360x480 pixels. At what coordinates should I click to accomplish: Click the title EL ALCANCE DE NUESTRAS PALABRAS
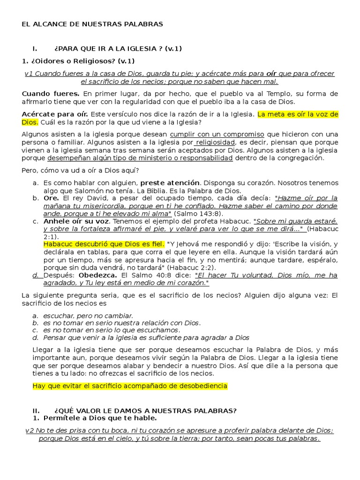click(92, 24)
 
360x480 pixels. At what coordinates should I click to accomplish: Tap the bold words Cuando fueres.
click(51, 94)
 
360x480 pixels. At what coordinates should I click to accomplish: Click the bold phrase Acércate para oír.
click(55, 114)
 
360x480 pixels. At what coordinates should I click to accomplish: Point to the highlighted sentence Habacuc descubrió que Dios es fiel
click(104, 244)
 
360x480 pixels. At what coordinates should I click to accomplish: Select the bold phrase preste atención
click(170, 183)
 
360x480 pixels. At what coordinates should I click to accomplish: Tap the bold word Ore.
click(51, 198)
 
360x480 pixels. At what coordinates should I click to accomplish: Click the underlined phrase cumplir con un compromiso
click(217, 134)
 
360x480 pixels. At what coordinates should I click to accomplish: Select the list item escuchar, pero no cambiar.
click(88, 315)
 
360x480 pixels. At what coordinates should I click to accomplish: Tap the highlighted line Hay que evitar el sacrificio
click(130, 386)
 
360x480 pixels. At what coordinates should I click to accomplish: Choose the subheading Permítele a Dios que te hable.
click(100, 418)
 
